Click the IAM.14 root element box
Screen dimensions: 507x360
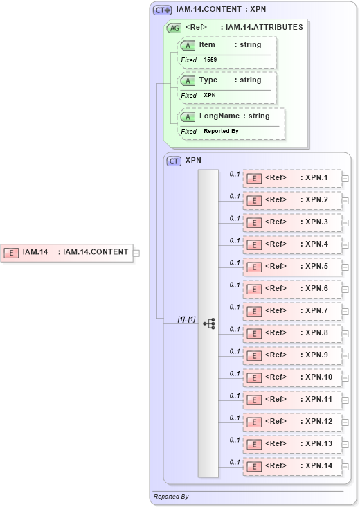click(66, 252)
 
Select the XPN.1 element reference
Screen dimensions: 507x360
click(292, 178)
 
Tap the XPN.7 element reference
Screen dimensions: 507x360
click(292, 311)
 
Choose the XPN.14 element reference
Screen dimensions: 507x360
click(292, 466)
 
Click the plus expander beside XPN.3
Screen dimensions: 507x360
click(345, 222)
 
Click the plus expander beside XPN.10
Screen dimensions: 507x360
click(345, 377)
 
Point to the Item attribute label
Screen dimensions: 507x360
click(207, 44)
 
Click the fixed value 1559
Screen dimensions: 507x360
click(210, 60)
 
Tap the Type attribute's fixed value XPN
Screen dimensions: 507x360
click(210, 95)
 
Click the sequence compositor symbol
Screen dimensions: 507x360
click(209, 323)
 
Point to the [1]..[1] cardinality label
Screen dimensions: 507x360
click(186, 319)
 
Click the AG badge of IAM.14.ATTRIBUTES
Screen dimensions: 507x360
click(174, 28)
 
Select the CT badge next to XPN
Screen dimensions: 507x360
click(174, 161)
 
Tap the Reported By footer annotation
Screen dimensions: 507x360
click(171, 497)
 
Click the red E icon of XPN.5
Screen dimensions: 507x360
click(254, 267)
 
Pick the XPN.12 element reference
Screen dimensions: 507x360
click(292, 422)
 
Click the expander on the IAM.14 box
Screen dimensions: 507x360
click(136, 253)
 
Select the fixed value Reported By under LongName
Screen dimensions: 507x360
click(221, 131)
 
